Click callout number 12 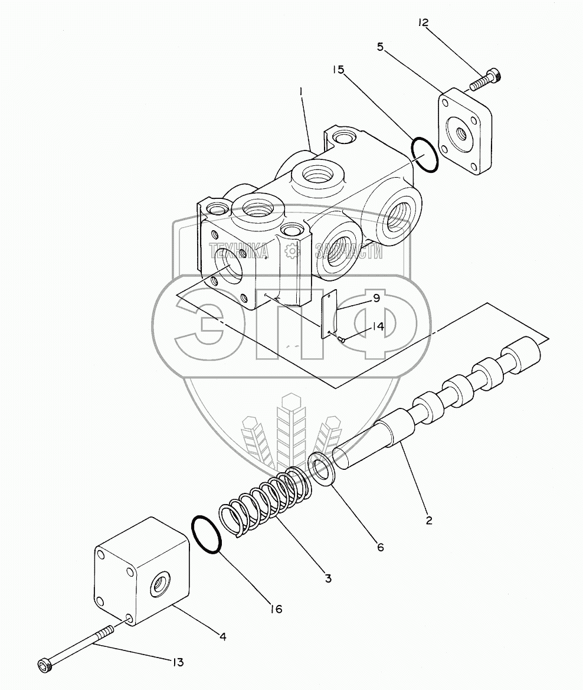coord(424,24)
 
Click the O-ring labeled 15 coord(424,155)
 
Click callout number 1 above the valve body coord(301,92)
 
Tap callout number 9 coord(375,299)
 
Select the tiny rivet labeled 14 coord(341,338)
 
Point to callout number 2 coord(430,520)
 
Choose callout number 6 coord(379,547)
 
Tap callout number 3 coord(327,578)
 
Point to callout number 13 coord(176,662)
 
